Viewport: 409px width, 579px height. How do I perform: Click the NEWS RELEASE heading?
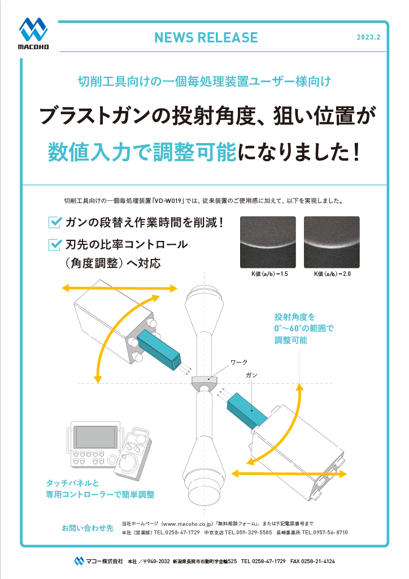(x=206, y=37)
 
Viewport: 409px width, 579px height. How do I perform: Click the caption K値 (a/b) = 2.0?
(x=332, y=274)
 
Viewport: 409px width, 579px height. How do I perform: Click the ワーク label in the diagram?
(x=239, y=361)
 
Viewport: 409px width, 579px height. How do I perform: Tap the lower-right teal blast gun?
(x=247, y=408)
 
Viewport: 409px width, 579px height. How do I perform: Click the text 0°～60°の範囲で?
(x=304, y=328)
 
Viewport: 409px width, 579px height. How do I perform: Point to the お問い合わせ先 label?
(x=88, y=528)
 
